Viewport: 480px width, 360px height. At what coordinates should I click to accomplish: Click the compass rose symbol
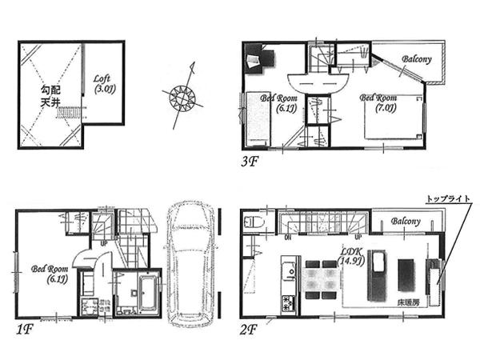[182, 97]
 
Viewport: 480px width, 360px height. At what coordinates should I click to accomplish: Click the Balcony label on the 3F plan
[416, 59]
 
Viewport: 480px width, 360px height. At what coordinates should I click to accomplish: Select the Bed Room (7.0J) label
[378, 102]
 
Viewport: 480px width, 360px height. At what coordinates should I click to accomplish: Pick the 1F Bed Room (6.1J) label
[50, 274]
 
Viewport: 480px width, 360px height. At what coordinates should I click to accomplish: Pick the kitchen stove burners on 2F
[286, 303]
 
